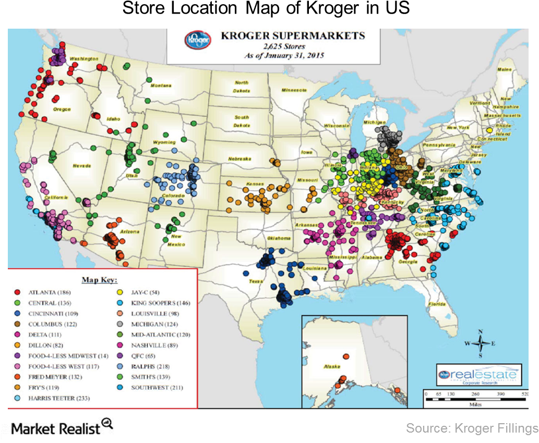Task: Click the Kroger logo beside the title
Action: tap(198, 39)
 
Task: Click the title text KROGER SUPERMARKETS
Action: tap(293, 36)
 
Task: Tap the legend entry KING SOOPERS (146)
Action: tap(157, 302)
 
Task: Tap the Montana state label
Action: tap(161, 85)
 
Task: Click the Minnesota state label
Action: tap(294, 90)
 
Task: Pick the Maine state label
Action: tap(505, 69)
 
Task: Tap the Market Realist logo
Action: tap(57, 429)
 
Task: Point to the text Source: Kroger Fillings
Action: tap(472, 428)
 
